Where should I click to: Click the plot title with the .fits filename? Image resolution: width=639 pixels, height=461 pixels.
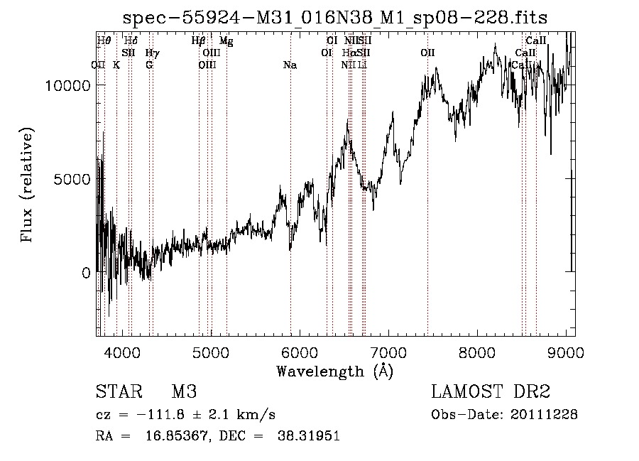pos(334,17)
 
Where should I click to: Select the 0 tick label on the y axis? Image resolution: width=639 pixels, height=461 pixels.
pos(87,273)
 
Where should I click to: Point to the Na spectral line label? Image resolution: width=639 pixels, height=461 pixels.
pos(290,65)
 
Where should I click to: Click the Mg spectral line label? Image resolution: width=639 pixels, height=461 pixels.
pos(226,41)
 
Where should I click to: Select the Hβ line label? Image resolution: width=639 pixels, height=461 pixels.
pos(199,41)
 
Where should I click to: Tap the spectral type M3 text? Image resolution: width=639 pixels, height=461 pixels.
pos(183,392)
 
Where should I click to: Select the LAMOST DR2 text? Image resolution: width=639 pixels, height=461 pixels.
pos(491,392)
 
